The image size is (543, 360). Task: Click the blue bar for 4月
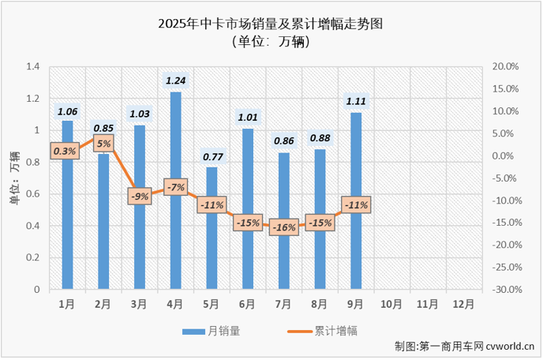point(175,191)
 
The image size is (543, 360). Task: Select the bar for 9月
point(356,201)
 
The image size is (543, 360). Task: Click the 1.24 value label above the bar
point(175,80)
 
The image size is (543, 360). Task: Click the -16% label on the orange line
point(283,227)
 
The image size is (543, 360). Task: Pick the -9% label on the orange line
point(140,196)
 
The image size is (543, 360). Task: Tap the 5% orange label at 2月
point(103,143)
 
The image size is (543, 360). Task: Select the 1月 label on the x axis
point(67,302)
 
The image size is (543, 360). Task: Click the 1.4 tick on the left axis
point(32,66)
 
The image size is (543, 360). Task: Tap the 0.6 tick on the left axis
point(32,194)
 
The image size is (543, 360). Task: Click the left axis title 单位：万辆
point(13,178)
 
